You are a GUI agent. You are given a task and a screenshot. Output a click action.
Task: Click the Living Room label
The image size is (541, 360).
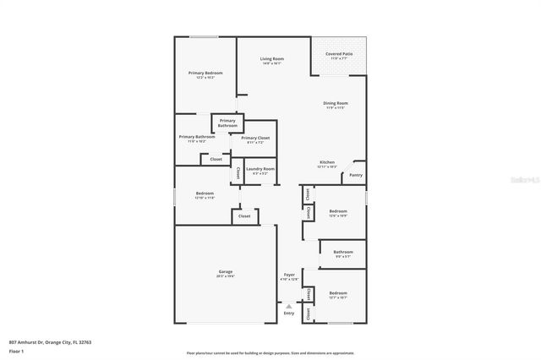[271, 58]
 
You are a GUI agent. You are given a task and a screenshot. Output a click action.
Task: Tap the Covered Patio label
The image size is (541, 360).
[339, 54]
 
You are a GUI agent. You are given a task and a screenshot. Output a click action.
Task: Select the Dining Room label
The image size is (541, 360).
[336, 103]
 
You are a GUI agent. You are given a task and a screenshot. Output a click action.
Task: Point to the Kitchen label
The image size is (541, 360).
[327, 162]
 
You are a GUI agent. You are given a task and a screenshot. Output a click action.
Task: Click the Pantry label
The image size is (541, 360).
[356, 175]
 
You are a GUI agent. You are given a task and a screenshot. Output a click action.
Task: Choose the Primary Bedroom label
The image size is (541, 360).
[205, 73]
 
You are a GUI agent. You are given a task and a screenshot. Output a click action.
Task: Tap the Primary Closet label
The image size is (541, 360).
[255, 138]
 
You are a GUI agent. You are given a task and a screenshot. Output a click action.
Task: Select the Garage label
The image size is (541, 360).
[225, 271]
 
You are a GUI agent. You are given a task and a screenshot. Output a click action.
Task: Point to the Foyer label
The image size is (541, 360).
[289, 275]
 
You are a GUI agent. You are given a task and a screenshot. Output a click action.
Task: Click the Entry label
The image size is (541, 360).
[289, 313]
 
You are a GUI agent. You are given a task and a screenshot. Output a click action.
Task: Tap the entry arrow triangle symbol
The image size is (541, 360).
[289, 306]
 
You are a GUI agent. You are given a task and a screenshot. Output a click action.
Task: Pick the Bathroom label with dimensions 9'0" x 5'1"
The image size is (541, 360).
[343, 252]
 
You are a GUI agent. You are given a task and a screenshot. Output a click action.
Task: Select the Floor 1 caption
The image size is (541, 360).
[15, 350]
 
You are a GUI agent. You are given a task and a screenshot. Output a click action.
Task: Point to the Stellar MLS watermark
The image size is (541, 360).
[525, 179]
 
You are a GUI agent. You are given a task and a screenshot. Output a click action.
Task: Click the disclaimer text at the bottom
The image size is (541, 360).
[270, 352]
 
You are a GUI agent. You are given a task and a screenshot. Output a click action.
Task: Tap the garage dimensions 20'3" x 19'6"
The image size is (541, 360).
[225, 276]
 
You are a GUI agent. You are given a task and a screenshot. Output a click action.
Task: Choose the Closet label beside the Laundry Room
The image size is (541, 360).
[238, 172]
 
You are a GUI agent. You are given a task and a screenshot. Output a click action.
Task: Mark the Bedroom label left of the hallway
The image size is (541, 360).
[204, 193]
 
